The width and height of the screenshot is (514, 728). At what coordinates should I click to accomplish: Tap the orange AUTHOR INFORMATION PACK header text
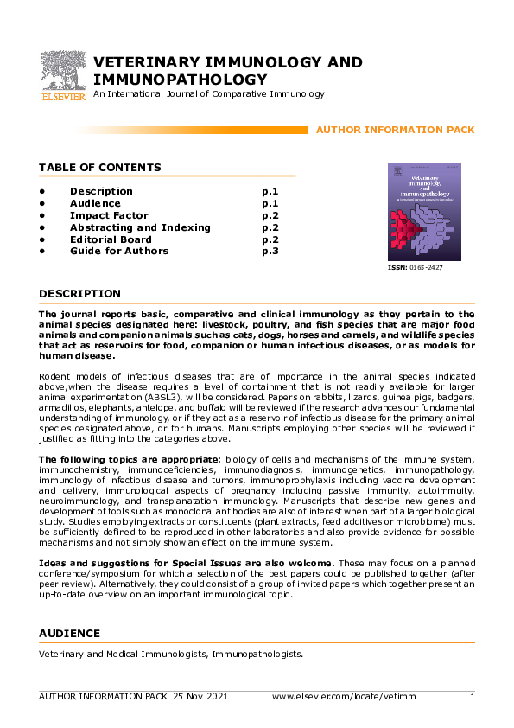[x=395, y=130]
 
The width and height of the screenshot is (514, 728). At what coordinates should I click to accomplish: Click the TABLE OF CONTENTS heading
[x=99, y=167]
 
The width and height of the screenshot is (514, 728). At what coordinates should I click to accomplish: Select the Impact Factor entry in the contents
[x=109, y=215]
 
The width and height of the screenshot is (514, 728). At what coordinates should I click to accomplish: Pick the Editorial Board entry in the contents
[x=111, y=239]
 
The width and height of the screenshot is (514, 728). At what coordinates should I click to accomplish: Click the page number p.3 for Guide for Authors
[x=270, y=252]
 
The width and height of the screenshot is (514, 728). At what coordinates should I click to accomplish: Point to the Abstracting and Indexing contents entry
[x=140, y=227]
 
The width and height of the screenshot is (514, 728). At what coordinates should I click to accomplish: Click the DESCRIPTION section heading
[x=79, y=294]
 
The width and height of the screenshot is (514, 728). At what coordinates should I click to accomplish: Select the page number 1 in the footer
[x=472, y=697]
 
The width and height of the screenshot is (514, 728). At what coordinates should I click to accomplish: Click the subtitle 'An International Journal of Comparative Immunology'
[x=208, y=93]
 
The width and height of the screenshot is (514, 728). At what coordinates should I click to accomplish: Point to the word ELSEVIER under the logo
[x=62, y=97]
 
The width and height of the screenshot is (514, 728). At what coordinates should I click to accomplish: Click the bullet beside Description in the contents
[x=41, y=191]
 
